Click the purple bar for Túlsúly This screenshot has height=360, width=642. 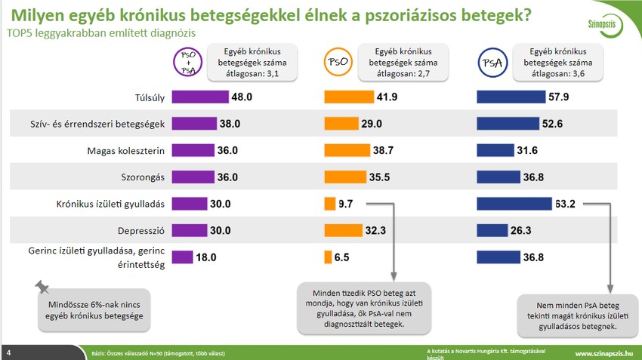[200, 97]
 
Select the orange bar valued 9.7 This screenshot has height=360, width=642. [329, 203]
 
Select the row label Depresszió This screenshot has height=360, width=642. [140, 230]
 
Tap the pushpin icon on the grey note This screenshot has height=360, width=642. [43, 288]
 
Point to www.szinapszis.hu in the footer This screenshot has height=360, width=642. [603, 353]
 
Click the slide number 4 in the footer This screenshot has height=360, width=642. [8, 353]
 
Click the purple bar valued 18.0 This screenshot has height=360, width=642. [183, 257]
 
